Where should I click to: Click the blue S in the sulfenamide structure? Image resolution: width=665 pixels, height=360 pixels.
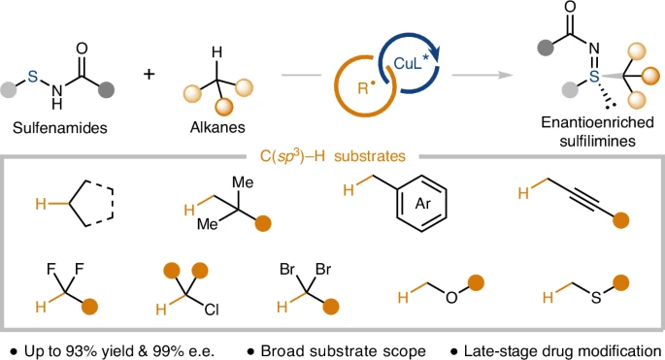tap(33, 77)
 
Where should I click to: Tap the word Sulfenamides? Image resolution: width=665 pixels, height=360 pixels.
tap(60, 128)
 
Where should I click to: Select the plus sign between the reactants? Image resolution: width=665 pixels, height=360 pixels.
tap(149, 74)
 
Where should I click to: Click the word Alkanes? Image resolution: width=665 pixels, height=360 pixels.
tap(217, 127)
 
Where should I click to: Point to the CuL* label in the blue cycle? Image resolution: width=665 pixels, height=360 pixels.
tap(412, 63)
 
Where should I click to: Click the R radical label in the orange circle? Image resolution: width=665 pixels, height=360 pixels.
tap(365, 87)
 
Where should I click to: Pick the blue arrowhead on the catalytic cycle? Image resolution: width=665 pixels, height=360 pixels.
tap(436, 55)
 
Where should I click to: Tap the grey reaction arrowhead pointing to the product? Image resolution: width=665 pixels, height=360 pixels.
tap(507, 75)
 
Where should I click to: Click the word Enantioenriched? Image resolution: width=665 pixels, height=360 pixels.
tap(598, 122)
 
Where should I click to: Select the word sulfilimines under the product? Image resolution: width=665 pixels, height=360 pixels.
tap(598, 141)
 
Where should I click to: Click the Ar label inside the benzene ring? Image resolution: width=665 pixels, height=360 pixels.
tap(422, 204)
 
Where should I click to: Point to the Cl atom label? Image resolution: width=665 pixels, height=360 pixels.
tap(212, 310)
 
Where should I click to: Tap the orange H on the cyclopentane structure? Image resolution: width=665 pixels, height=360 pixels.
tap(41, 205)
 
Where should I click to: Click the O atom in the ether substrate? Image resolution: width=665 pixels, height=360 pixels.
tap(451, 297)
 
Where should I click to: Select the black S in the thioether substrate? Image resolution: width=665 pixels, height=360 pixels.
tap(596, 297)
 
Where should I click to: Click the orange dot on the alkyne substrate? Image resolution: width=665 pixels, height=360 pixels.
tap(621, 220)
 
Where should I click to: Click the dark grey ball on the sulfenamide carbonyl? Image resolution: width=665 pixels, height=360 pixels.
tap(106, 90)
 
